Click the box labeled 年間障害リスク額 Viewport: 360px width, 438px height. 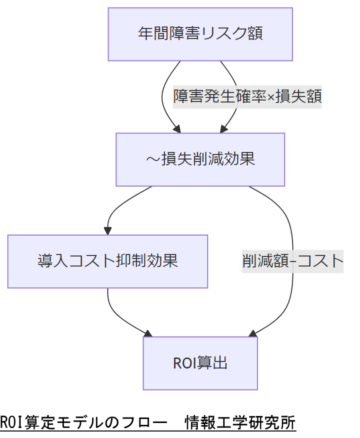[200, 34]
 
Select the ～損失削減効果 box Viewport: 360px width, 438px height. [200, 159]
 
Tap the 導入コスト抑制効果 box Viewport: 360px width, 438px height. [107, 261]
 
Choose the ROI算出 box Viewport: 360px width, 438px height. [200, 363]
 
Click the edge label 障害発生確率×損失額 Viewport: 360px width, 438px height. [247, 96]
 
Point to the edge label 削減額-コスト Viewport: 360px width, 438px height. [292, 260]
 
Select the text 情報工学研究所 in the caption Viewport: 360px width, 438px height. [240, 422]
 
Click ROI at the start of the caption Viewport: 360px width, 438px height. [9, 422]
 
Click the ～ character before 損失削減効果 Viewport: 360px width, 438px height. [152, 159]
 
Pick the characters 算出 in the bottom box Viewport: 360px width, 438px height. [212, 363]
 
